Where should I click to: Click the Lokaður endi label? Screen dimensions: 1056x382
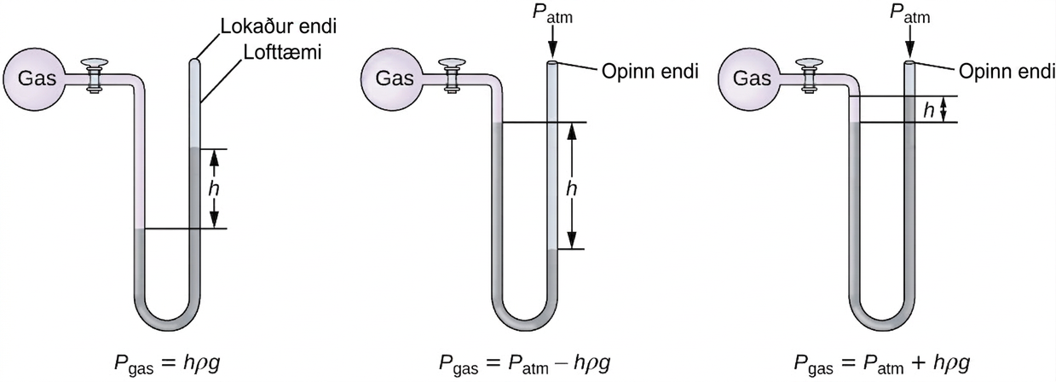point(279,26)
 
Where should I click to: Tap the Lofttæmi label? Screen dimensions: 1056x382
point(282,52)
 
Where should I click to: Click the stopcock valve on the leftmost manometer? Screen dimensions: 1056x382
point(95,75)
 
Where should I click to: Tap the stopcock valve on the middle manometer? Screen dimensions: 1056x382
point(452,75)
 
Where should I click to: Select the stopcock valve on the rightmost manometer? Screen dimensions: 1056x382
point(810,75)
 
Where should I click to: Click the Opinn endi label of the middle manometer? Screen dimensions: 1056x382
point(650,72)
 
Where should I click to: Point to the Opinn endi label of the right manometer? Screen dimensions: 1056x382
point(1007,72)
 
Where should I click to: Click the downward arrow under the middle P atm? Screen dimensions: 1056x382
point(552,43)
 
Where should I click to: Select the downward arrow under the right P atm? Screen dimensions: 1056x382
point(910,43)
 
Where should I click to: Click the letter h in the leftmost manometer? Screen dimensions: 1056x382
point(214,188)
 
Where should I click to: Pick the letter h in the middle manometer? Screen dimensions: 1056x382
point(571,188)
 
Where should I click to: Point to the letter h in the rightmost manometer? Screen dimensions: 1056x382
point(929,110)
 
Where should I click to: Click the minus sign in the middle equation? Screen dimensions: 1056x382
point(563,364)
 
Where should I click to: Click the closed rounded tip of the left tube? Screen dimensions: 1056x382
point(194,61)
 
